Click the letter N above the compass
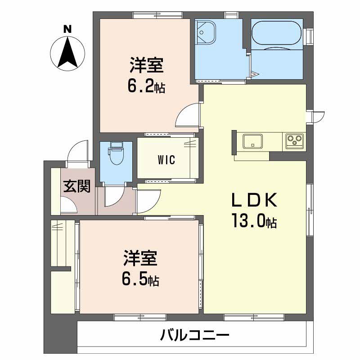(67, 29)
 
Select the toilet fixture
(116, 153)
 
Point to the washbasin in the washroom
(206, 32)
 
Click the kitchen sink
(253, 141)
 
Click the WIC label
(166, 160)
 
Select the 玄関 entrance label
(77, 186)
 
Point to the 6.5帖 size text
(140, 279)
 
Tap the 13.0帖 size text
(255, 221)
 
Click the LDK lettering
(254, 200)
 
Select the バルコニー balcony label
(195, 335)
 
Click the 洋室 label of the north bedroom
(147, 65)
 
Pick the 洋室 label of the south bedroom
(140, 258)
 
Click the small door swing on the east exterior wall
(319, 117)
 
